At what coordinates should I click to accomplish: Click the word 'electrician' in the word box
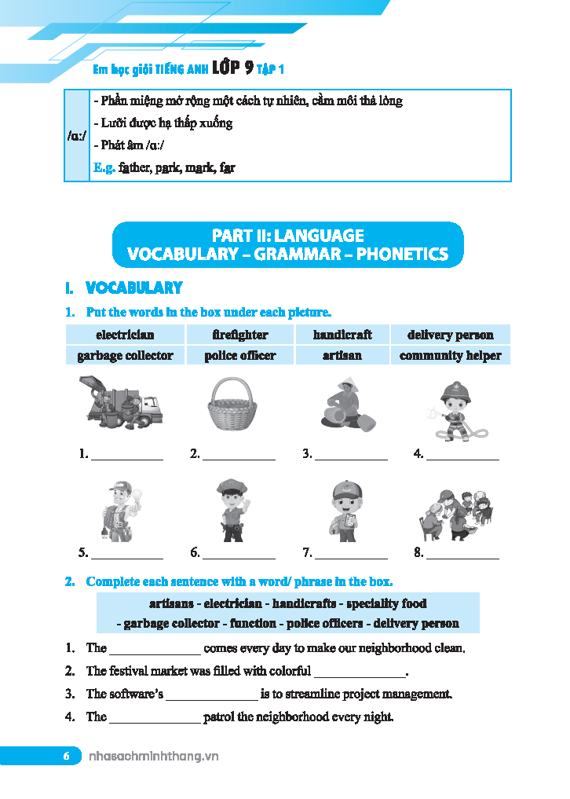coord(125,335)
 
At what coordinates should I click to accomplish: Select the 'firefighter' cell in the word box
coord(240,335)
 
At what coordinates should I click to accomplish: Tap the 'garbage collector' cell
coord(125,355)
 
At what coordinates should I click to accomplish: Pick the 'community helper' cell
coord(450,355)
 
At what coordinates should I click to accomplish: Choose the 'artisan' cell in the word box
coord(342,355)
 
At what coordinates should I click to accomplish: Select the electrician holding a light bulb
coord(121,510)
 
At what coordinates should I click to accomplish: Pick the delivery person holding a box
coord(344,510)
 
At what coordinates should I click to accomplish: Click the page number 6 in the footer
coord(67,757)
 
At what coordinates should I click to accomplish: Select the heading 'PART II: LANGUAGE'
coord(288,235)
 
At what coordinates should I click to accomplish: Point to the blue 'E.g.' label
coord(104,167)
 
